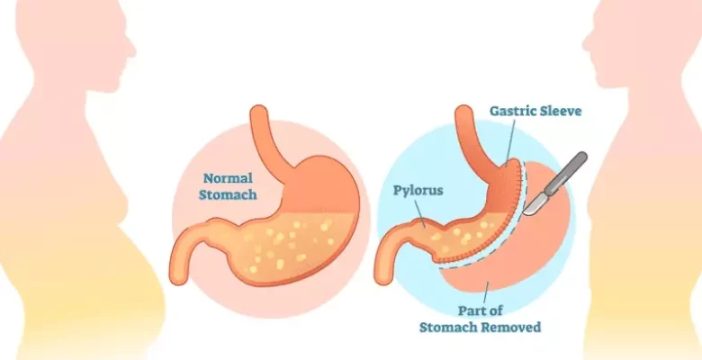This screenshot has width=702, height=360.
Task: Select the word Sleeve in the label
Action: click(563, 112)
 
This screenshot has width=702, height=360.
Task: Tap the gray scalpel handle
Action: click(571, 171)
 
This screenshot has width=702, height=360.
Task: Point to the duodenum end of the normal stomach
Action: click(180, 270)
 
